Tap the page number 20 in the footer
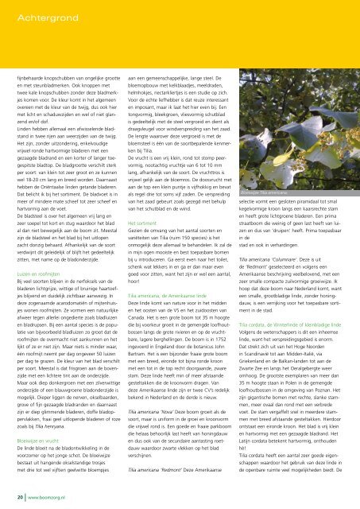pos(17,495)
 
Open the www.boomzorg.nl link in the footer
pos(47,495)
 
